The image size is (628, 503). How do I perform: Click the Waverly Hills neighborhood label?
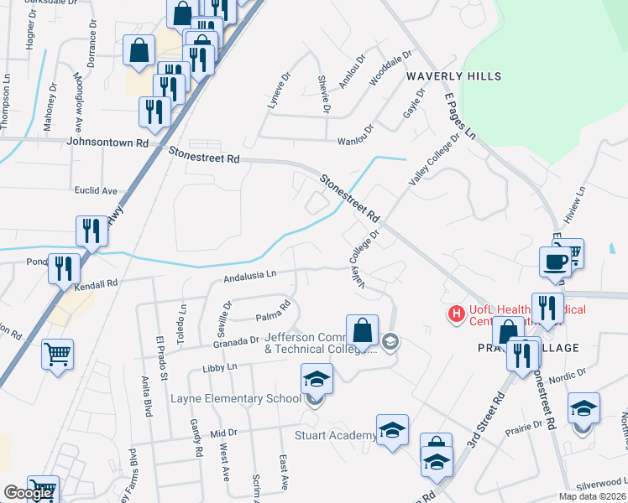[453, 76]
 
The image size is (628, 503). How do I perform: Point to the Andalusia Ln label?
[249, 275]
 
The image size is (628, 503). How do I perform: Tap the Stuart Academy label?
[336, 435]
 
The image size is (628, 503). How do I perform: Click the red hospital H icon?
[456, 314]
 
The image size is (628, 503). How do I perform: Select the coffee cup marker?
[555, 261]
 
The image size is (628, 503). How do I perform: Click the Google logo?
[28, 493]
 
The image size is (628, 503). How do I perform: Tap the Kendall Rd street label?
[96, 285]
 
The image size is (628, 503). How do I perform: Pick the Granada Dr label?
[235, 341]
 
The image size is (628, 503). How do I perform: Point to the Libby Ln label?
[220, 367]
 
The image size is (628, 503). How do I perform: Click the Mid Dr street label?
[224, 433]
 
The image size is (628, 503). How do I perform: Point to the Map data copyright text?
[593, 496]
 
